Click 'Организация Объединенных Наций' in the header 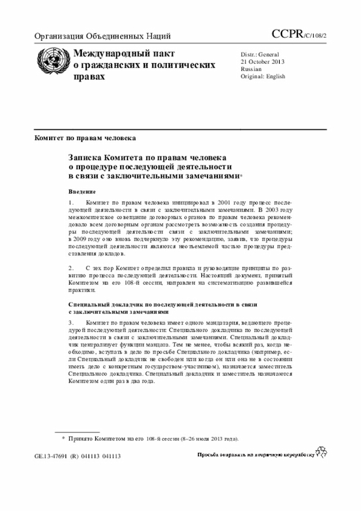[103, 37]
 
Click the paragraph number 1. [71, 202]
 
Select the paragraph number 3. [71, 322]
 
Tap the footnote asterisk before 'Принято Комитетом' [63, 438]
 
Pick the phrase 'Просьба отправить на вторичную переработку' [254, 455]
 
